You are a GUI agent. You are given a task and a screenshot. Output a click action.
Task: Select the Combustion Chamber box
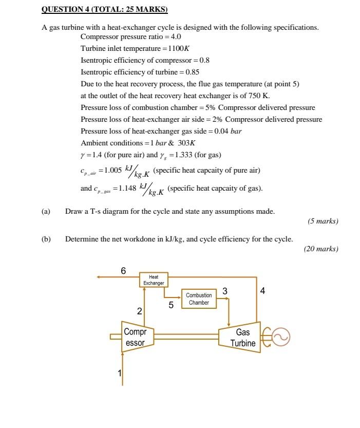click(199, 299)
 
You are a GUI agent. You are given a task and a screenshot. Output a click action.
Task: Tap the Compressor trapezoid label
click(136, 338)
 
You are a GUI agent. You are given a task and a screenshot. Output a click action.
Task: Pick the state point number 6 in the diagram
click(123, 270)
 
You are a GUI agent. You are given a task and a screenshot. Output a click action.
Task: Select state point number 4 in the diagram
click(263, 291)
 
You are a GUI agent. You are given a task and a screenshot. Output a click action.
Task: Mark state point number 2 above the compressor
click(139, 311)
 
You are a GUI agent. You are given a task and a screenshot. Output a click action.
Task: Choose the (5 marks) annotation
click(323, 221)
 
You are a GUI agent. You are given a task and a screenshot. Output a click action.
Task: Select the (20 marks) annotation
click(321, 249)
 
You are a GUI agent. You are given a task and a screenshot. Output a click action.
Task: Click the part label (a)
click(46, 211)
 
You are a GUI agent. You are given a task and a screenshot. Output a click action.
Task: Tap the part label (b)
click(46, 239)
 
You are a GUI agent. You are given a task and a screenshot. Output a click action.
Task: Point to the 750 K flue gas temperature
click(259, 96)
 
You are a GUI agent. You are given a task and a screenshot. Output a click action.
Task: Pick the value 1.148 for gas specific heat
click(127, 188)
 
